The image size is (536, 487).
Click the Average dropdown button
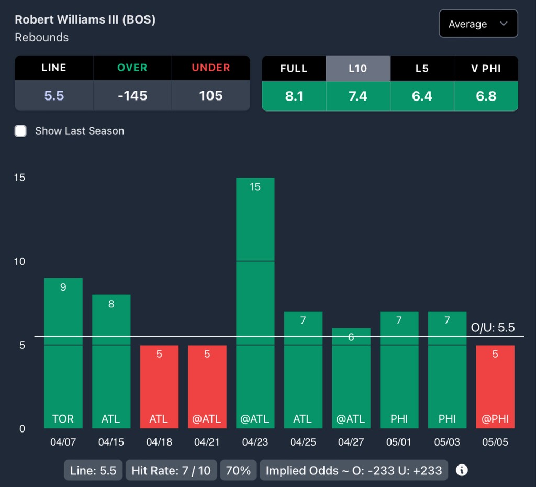(478, 24)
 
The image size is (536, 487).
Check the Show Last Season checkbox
(20, 131)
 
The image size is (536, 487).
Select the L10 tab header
(358, 69)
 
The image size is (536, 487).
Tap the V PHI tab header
(486, 69)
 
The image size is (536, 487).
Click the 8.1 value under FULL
(294, 96)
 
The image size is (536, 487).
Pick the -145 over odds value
(132, 96)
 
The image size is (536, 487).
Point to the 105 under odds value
(211, 96)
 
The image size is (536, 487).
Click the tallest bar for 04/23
(255, 304)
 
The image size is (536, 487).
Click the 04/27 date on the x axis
(351, 442)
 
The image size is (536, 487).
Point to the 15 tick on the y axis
(19, 178)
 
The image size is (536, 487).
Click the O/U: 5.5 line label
(493, 328)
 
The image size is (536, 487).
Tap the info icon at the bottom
(461, 470)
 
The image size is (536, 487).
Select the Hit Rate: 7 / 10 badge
(171, 470)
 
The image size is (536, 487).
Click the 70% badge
(238, 470)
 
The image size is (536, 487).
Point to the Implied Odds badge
(354, 470)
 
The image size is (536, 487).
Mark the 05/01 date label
(399, 442)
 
